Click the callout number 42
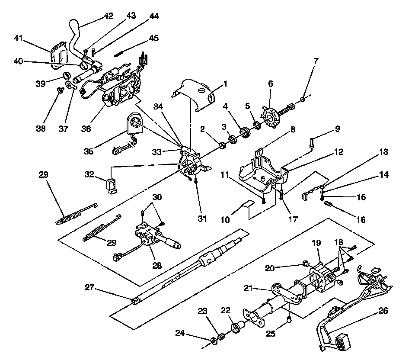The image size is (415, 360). point(108,16)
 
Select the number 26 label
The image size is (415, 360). point(383,311)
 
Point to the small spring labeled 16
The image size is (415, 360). point(332,203)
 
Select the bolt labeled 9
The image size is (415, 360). point(311,142)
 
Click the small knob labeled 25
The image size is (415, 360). point(289,320)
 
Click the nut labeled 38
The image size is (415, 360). point(61,90)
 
